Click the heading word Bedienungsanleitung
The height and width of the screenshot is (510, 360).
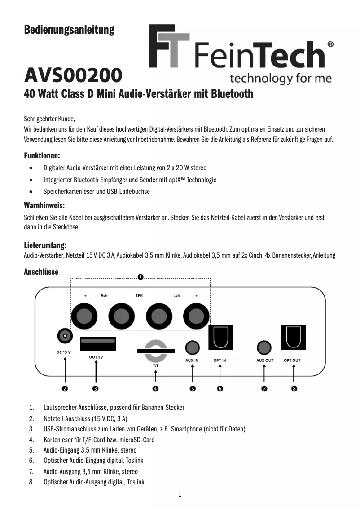point(69,30)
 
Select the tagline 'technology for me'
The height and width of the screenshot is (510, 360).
point(281,79)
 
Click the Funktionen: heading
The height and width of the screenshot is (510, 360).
point(42,156)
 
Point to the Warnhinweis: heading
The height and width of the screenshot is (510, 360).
point(44,206)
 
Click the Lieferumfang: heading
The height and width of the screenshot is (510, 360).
point(45,246)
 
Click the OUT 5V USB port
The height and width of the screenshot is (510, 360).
point(98,344)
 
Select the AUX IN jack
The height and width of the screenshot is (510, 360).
point(192,347)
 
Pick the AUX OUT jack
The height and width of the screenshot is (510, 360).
point(264,347)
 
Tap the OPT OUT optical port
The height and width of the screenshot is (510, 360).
point(294,337)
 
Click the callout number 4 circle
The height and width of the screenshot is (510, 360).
point(155,388)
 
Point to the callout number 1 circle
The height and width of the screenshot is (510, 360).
point(140,277)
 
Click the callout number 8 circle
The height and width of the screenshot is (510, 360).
point(294,388)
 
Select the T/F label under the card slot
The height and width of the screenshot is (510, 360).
point(155,365)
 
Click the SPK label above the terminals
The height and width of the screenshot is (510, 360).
point(139,295)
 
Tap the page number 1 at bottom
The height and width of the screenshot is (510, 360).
point(180,495)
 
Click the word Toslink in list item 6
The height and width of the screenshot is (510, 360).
point(135,461)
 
